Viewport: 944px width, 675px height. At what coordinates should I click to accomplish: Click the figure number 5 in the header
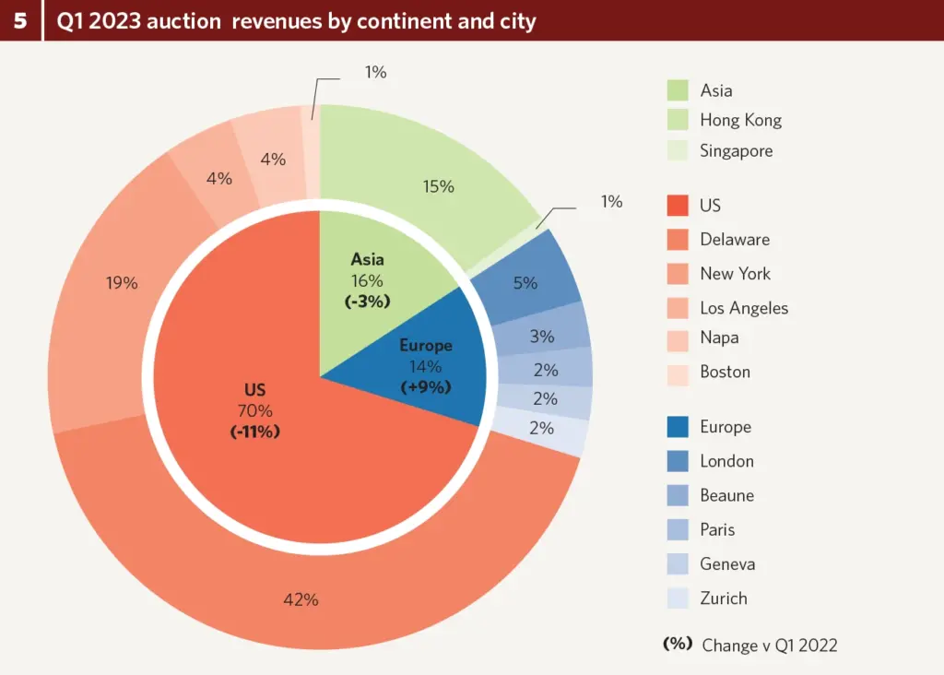coord(19,20)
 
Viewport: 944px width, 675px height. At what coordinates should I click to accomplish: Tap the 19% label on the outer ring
coord(122,283)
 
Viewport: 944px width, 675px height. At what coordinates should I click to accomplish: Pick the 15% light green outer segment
coord(439,185)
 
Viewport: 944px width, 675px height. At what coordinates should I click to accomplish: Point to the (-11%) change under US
coord(255,431)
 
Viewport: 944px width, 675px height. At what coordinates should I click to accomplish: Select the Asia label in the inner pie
coord(367,259)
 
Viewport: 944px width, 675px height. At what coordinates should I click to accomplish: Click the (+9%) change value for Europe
coord(426,387)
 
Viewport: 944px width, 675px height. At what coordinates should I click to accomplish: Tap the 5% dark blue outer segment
coord(525,283)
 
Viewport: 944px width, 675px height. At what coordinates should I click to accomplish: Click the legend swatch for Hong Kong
coord(678,120)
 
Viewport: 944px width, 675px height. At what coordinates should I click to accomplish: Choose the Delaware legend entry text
coord(735,240)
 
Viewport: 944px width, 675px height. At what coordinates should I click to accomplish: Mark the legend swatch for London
coord(678,461)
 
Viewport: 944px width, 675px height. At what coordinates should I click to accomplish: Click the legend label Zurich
coord(724,598)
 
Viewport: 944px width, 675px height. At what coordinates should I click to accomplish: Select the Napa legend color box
coord(678,338)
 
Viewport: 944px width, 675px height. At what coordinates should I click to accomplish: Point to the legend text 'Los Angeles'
coord(744,308)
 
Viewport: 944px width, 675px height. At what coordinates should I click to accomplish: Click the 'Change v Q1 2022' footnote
coord(769,645)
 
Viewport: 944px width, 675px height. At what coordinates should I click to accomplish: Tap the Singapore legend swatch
coord(678,150)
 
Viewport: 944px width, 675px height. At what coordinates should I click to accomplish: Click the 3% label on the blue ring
coord(542,337)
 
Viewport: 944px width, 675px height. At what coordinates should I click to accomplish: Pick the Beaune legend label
coord(726,495)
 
